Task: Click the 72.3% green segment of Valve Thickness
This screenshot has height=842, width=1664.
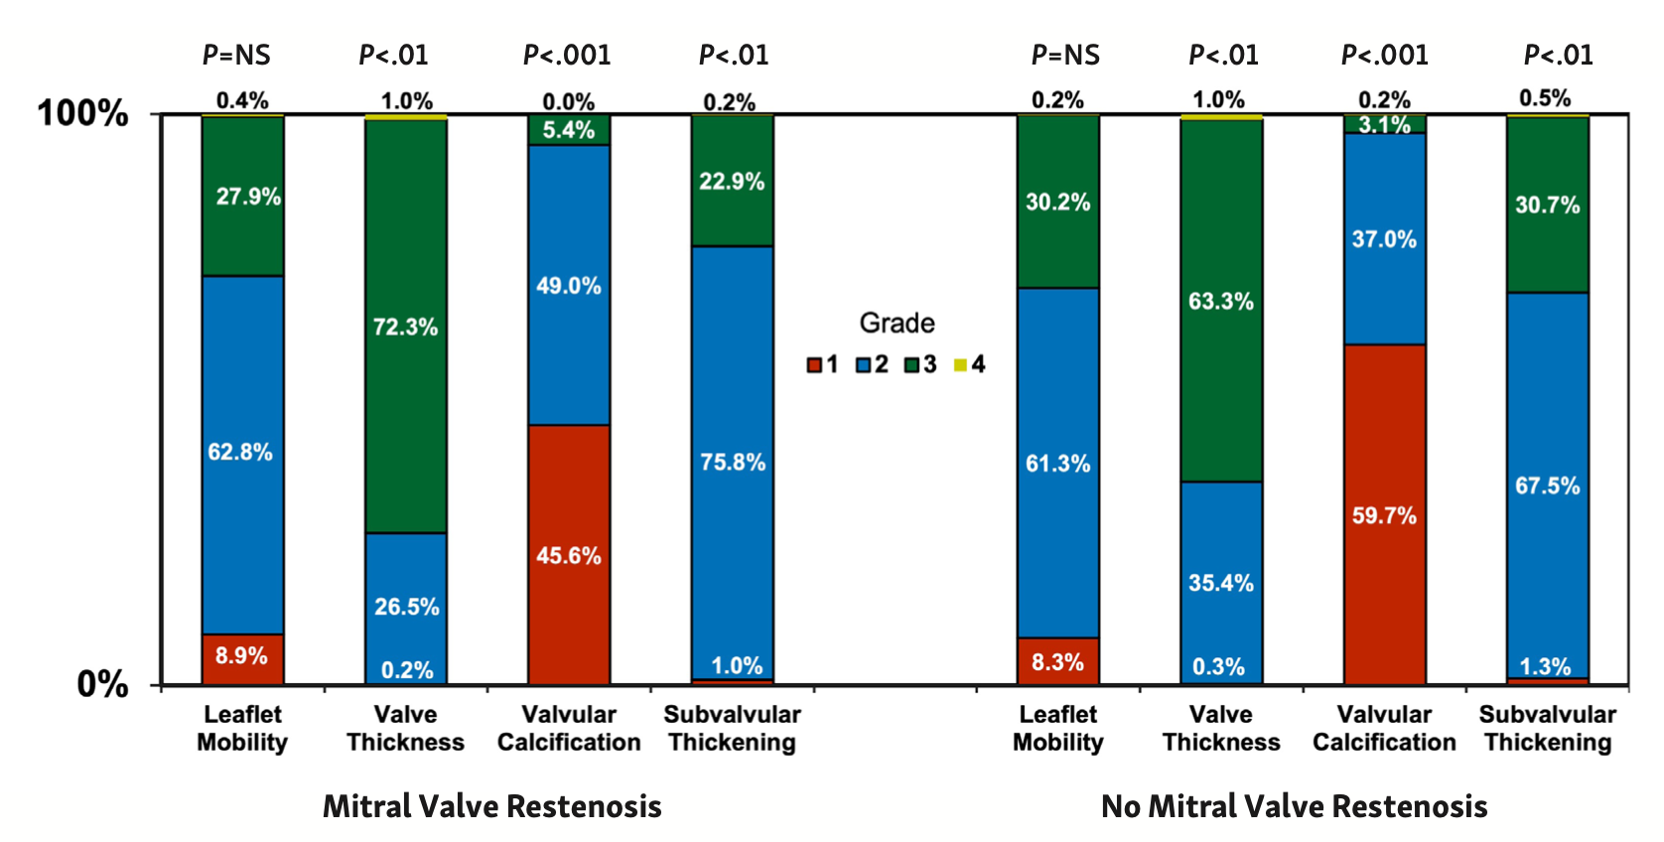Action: click(405, 326)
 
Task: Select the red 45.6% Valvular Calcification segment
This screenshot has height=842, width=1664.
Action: click(569, 554)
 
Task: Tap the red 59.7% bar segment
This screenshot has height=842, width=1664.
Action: click(1384, 514)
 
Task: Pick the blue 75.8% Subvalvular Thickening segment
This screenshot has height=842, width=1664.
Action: click(732, 462)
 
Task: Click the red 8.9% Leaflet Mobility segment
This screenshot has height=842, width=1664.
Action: click(242, 656)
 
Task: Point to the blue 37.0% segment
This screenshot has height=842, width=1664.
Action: click(1384, 238)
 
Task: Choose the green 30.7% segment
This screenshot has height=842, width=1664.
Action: click(1547, 205)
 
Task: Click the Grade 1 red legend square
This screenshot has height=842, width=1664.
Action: click(814, 365)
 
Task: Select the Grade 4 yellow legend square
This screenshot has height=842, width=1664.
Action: click(960, 365)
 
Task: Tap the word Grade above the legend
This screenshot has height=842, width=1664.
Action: click(897, 323)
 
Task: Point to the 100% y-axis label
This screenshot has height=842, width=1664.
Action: click(82, 113)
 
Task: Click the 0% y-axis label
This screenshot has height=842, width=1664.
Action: click(102, 684)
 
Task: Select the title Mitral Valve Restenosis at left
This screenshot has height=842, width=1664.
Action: click(491, 805)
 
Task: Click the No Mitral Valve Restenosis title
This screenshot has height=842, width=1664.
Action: click(1294, 805)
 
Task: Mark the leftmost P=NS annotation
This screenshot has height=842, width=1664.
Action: click(236, 55)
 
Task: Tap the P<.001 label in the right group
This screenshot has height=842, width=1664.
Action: click(1384, 55)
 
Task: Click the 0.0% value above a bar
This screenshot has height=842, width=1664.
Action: click(568, 101)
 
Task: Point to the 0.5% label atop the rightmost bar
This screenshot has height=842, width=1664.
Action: click(1545, 98)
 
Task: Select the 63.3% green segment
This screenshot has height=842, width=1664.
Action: click(1220, 301)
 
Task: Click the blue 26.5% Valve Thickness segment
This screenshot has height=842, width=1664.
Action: click(405, 606)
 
